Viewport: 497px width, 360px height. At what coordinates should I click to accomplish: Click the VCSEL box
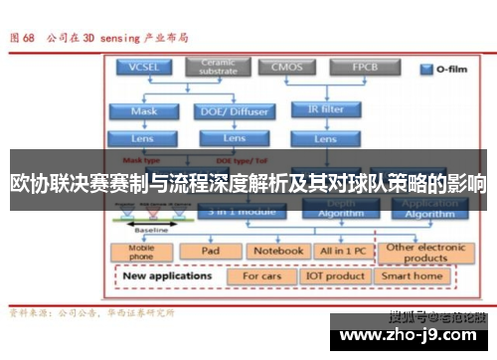pyautogui.click(x=143, y=68)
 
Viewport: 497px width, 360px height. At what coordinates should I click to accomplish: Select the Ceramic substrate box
pyautogui.click(x=218, y=67)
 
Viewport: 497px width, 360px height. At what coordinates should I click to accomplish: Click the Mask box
pyautogui.click(x=143, y=111)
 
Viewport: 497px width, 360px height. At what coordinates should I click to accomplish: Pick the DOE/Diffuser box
pyautogui.click(x=235, y=111)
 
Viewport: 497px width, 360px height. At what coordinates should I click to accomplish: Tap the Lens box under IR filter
pyautogui.click(x=324, y=139)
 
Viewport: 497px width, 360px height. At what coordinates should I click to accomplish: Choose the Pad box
pyautogui.click(x=211, y=252)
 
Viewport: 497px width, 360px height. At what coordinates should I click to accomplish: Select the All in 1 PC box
pyautogui.click(x=340, y=252)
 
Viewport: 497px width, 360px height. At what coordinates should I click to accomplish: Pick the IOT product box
pyautogui.click(x=335, y=275)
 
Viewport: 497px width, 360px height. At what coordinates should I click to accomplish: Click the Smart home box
pyautogui.click(x=413, y=275)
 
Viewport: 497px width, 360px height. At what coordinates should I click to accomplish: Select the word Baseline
pyautogui.click(x=151, y=230)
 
